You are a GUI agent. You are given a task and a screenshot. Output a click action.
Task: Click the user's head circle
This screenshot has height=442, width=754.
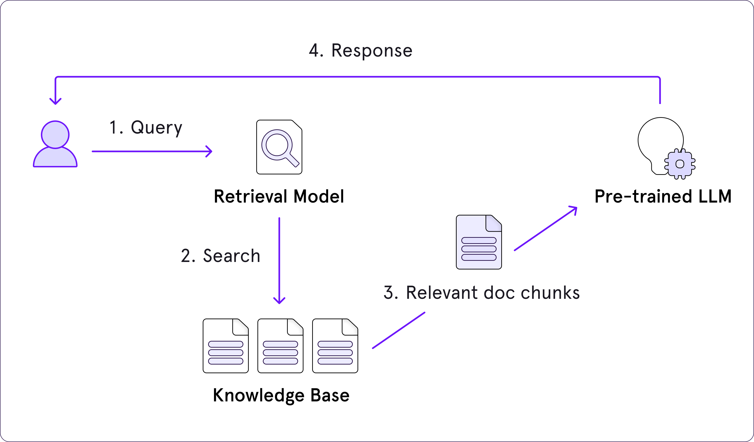[55, 134]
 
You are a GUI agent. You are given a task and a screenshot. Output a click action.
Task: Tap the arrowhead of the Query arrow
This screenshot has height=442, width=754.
[210, 151]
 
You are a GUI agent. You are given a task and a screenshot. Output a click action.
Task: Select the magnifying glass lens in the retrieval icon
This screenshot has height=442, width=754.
[277, 145]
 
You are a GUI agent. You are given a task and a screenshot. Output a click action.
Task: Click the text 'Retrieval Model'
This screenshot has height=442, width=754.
[279, 196]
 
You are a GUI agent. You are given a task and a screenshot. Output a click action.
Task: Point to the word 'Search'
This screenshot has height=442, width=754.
[232, 256]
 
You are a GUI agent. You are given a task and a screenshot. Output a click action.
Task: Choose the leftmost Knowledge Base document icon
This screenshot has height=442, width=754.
[225, 346]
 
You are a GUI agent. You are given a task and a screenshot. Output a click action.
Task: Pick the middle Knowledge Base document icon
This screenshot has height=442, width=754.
[280, 346]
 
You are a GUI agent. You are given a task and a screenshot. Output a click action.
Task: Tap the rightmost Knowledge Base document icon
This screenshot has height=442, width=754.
[335, 346]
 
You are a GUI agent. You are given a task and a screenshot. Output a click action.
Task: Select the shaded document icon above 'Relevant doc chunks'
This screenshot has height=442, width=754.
[479, 242]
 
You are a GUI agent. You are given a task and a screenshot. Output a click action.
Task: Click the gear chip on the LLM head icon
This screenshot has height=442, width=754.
[680, 164]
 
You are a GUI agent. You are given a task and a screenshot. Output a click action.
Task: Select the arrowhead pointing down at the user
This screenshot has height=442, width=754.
[55, 101]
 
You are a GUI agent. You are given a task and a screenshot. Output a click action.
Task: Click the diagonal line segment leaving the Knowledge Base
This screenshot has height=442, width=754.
[399, 331]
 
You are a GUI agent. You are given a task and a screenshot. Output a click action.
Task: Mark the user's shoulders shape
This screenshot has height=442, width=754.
[55, 158]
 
